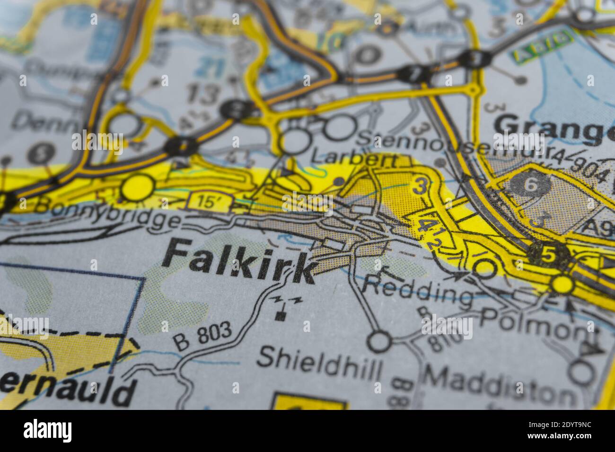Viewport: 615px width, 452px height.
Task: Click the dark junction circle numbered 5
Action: (x=548, y=255)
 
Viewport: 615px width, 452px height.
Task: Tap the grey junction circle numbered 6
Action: (x=531, y=184)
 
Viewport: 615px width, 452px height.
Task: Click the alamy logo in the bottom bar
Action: (x=47, y=430)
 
